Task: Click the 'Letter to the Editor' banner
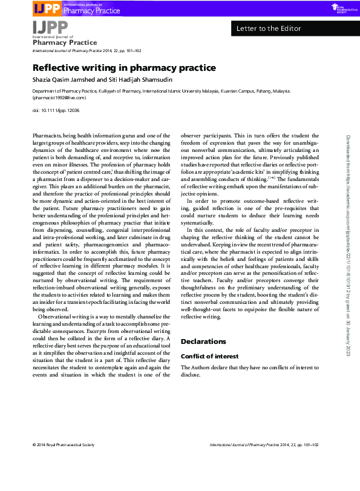[x=266, y=28]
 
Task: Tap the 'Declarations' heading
[x=203, y=341]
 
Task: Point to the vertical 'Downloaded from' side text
[x=349, y=236]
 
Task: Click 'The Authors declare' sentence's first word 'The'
[x=187, y=367]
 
